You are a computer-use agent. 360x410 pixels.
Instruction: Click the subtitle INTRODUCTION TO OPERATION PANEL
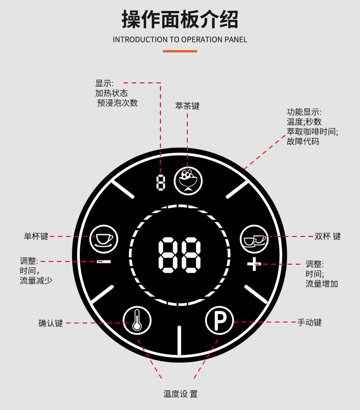pyautogui.click(x=180, y=40)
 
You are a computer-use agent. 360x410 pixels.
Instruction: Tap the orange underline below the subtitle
pyautogui.click(x=180, y=51)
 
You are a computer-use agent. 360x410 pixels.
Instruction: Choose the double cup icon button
pyautogui.click(x=254, y=237)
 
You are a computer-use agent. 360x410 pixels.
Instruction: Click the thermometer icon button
pyautogui.click(x=136, y=320)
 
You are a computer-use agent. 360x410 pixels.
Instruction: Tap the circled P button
pyautogui.click(x=220, y=321)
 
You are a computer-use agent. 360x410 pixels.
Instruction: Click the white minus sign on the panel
pyautogui.click(x=104, y=261)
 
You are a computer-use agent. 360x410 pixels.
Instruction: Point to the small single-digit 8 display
pyautogui.click(x=160, y=183)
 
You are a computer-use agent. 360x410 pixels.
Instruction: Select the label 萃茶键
pyautogui.click(x=187, y=106)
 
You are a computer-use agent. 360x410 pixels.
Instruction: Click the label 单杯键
pyautogui.click(x=36, y=236)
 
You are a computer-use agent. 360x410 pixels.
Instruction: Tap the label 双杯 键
pyautogui.click(x=327, y=236)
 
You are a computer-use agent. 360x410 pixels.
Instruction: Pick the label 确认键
pyautogui.click(x=50, y=323)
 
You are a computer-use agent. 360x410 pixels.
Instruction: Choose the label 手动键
pyautogui.click(x=309, y=322)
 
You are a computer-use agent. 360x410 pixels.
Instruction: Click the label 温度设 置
pyautogui.click(x=180, y=394)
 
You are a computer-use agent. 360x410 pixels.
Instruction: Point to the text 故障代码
pyautogui.click(x=303, y=141)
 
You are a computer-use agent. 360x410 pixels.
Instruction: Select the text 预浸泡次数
pyautogui.click(x=117, y=103)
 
